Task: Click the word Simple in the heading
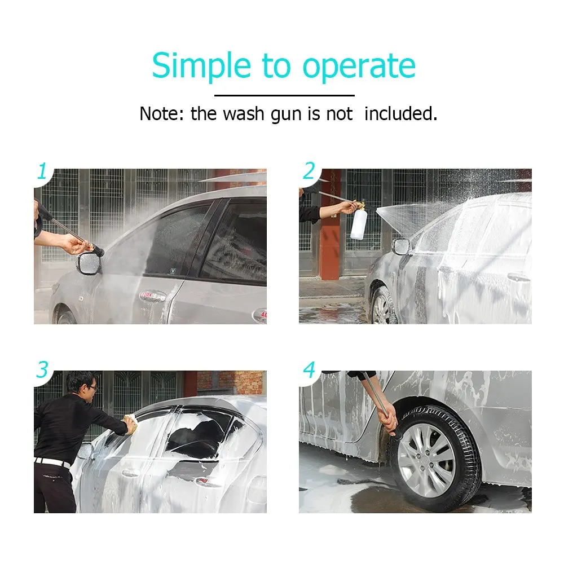(201, 67)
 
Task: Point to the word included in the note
(400, 113)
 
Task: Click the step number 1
(42, 171)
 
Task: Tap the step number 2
(309, 171)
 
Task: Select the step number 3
(42, 370)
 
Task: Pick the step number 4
(309, 370)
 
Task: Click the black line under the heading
(284, 95)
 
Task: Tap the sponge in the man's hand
(131, 422)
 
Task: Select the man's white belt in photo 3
(52, 462)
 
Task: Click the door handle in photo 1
(152, 296)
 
